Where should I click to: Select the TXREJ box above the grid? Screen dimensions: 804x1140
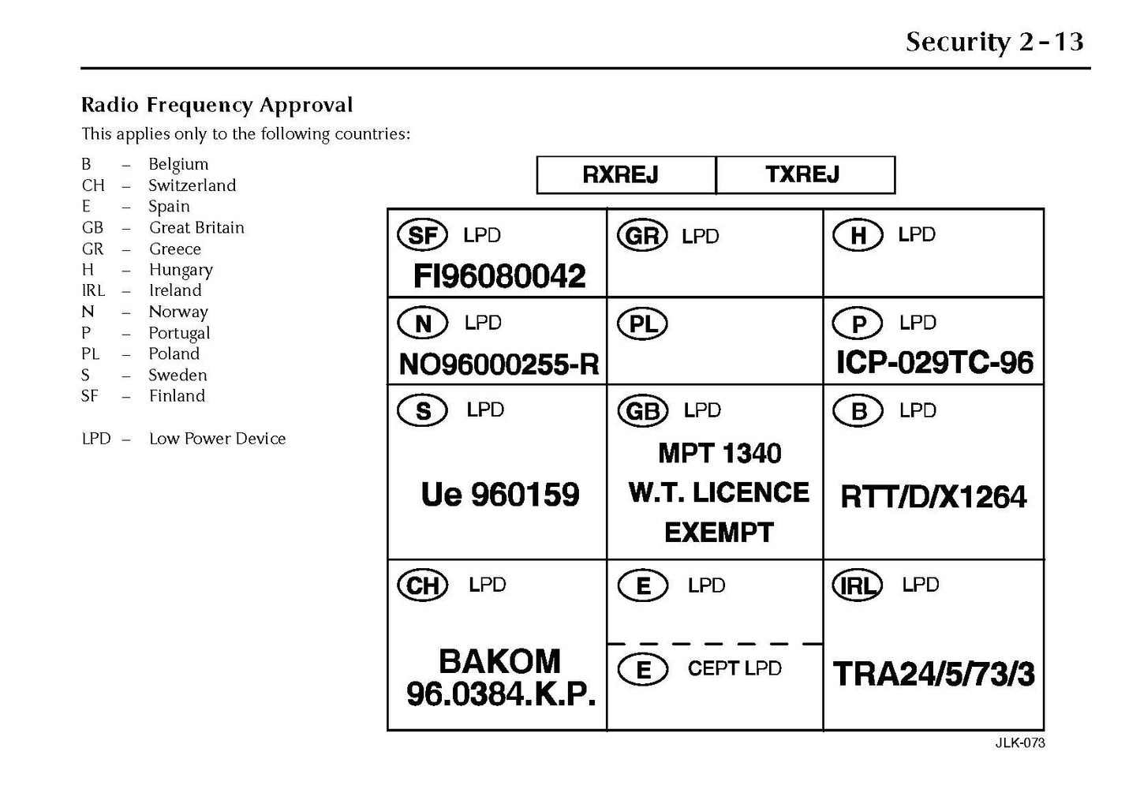804,174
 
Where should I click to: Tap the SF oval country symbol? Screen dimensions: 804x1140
423,235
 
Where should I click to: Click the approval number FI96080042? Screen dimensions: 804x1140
499,276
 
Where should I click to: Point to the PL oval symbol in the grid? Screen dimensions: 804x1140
643,324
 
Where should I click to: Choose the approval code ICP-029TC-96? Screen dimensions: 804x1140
934,363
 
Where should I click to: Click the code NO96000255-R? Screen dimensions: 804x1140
499,365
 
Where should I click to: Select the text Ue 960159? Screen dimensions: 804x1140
500,495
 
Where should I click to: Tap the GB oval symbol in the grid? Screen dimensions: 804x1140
642,411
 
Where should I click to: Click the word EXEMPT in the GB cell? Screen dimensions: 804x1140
719,533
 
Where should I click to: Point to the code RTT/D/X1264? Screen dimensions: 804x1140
933,497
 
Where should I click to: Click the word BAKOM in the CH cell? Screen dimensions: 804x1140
499,661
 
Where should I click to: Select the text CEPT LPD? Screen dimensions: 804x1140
734,668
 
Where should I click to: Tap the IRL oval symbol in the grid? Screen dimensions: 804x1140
857,585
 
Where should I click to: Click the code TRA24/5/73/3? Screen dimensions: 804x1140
933,675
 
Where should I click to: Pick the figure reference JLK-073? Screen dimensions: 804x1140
1019,743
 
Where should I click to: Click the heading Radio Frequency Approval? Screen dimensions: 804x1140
217,105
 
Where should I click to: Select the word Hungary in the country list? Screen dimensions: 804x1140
181,270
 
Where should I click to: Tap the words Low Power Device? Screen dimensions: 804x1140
217,439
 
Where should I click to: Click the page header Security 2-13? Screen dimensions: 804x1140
994,42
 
